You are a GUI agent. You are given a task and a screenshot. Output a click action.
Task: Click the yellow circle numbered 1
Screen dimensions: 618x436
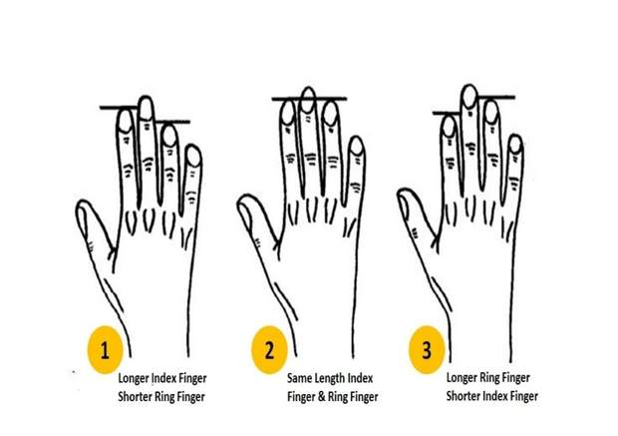tap(105, 349)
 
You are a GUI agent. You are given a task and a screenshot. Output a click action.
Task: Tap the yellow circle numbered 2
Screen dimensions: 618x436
tap(269, 349)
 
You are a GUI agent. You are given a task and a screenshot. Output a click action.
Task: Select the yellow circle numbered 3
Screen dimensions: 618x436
tap(427, 349)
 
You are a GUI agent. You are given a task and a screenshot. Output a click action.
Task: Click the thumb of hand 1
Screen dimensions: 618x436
tap(92, 228)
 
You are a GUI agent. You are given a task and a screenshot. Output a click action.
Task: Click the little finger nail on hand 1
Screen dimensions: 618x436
tap(193, 157)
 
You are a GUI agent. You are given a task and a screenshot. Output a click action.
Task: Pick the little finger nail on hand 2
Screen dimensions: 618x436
tap(357, 146)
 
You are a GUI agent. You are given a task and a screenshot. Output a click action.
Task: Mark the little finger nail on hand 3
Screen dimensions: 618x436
tap(515, 144)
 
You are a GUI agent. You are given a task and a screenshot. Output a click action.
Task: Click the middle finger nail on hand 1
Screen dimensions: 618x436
tap(147, 109)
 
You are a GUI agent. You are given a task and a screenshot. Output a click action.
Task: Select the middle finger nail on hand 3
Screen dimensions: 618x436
tap(469, 97)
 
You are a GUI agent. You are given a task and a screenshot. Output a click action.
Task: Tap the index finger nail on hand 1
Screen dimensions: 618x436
tap(126, 121)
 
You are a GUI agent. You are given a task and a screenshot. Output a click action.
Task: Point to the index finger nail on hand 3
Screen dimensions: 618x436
tap(449, 127)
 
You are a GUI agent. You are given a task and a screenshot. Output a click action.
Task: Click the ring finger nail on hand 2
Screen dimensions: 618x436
tap(330, 114)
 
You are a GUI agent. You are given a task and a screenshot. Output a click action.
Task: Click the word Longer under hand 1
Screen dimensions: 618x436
tap(134, 379)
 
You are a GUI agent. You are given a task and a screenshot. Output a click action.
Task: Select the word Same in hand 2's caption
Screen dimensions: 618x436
tap(300, 378)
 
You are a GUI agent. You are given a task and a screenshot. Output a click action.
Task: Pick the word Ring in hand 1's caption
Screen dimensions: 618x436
tap(163, 397)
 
